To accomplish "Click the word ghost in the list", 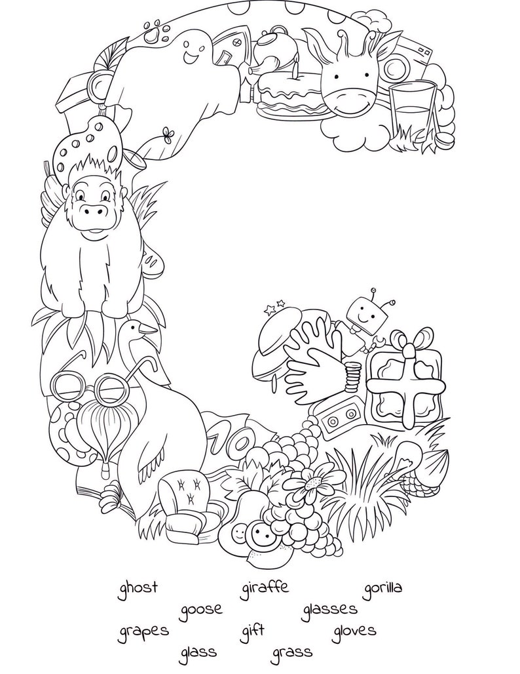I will [138, 587].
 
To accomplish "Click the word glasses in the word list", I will [329, 609].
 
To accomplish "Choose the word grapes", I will [143, 632].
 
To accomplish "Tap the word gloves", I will [354, 631].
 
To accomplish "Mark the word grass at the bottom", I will [292, 652].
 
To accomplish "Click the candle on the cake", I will [296, 67].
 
